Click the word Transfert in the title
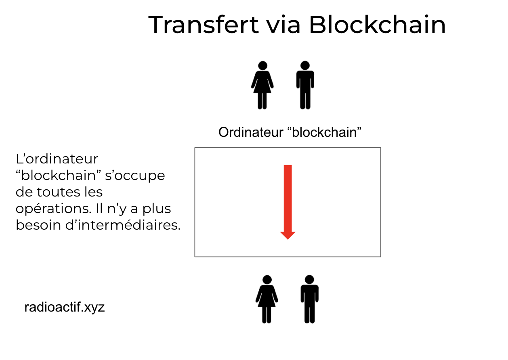pyautogui.click(x=204, y=25)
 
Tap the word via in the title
pyautogui.click(x=283, y=25)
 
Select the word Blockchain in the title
pyautogui.click(x=378, y=25)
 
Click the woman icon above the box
pyautogui.click(x=262, y=85)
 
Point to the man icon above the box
pyautogui.click(x=305, y=85)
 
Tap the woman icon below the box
pyautogui.click(x=267, y=299)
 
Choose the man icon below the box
pyautogui.click(x=310, y=299)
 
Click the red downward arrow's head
pyautogui.click(x=288, y=235)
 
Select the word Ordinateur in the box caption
pyautogui.click(x=251, y=132)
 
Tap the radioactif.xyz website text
pyautogui.click(x=64, y=308)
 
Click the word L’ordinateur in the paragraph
pyautogui.click(x=57, y=159)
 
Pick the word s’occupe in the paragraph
pyautogui.click(x=135, y=176)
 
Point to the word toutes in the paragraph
pyautogui.click(x=59, y=192)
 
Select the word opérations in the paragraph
pyautogui.click(x=54, y=209)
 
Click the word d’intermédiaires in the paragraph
pyautogui.click(x=123, y=225)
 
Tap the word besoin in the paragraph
pyautogui.click(x=38, y=225)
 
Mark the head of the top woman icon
pyautogui.click(x=262, y=65)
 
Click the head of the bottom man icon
pyautogui.click(x=310, y=280)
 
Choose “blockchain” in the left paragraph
pyautogui.click(x=58, y=176)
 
